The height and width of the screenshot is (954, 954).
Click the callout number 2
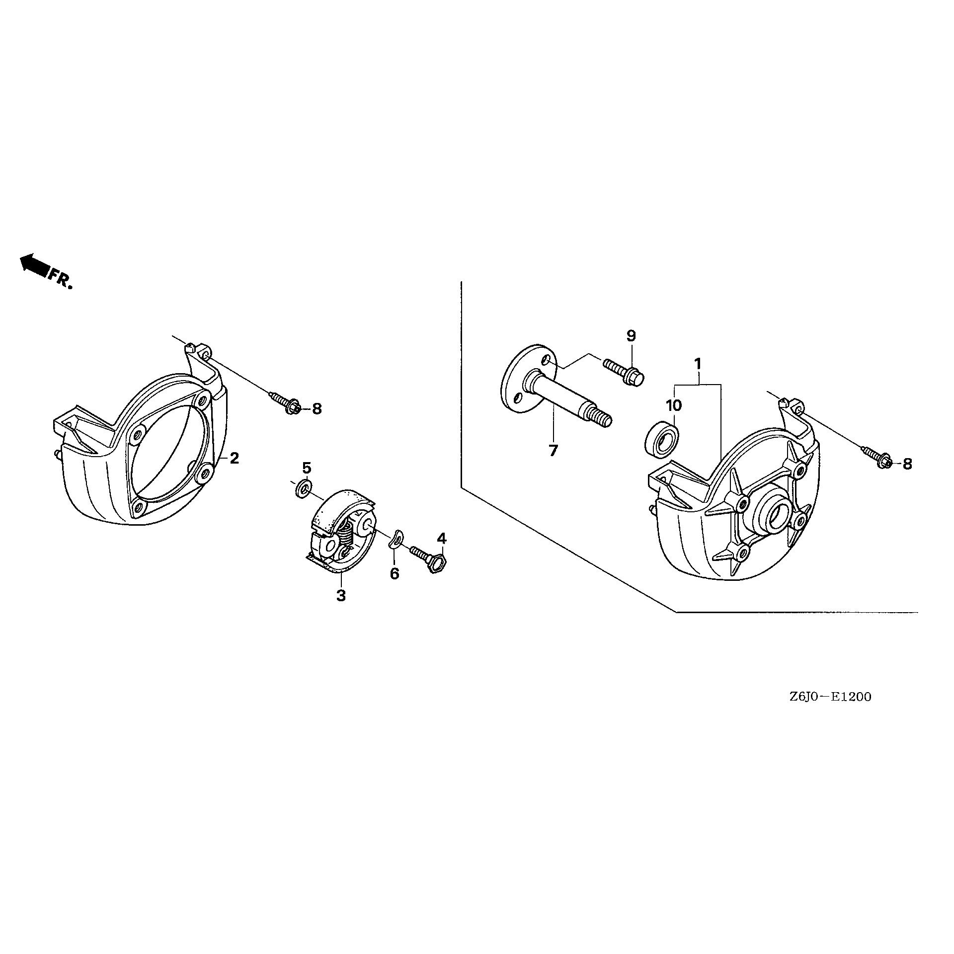[234, 458]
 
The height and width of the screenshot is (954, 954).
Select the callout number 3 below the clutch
[341, 595]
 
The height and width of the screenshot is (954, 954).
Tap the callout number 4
[442, 538]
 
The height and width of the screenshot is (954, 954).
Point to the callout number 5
[307, 468]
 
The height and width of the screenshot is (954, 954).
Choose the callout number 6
[395, 574]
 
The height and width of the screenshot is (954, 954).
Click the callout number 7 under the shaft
[553, 451]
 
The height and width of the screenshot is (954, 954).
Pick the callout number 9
[631, 335]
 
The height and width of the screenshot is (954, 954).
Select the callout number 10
[674, 405]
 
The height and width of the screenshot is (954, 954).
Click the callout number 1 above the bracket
[698, 364]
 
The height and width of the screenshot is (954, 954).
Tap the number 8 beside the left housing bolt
[317, 409]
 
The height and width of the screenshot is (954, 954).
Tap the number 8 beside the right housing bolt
[907, 464]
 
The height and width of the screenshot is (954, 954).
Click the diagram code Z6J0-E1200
[830, 697]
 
